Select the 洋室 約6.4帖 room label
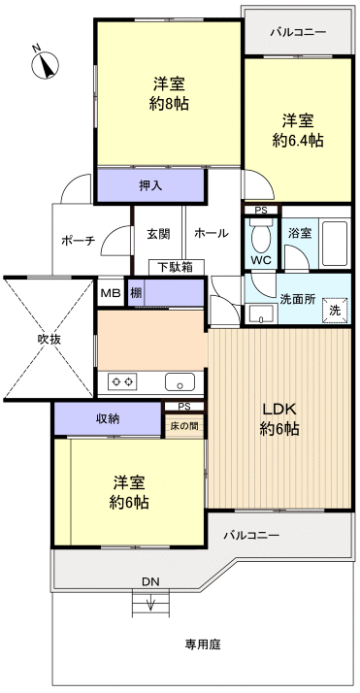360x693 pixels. [297, 130]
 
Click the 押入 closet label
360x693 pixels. [149, 183]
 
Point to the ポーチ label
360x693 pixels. [77, 242]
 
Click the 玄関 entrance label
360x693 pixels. [159, 233]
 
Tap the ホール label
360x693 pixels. [211, 233]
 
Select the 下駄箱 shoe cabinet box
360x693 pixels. [176, 266]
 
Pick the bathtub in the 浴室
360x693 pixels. [333, 245]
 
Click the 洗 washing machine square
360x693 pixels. [334, 310]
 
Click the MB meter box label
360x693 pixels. [110, 292]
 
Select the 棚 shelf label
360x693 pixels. [137, 292]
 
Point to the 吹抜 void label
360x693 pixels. [49, 340]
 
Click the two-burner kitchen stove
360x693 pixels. [122, 381]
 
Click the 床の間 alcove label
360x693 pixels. [183, 426]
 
